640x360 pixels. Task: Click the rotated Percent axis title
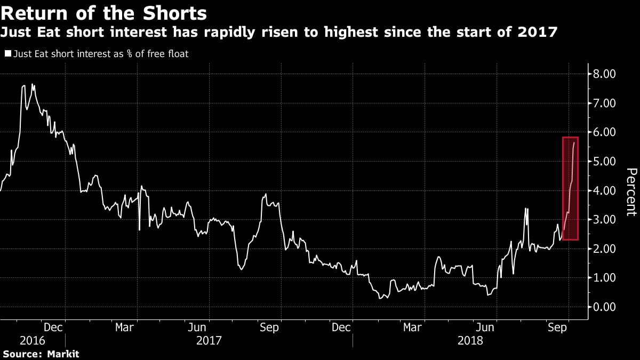click(x=631, y=192)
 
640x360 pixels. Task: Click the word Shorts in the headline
click(x=171, y=12)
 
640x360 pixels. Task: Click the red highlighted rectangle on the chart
click(x=570, y=188)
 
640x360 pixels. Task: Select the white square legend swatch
click(x=7, y=53)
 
